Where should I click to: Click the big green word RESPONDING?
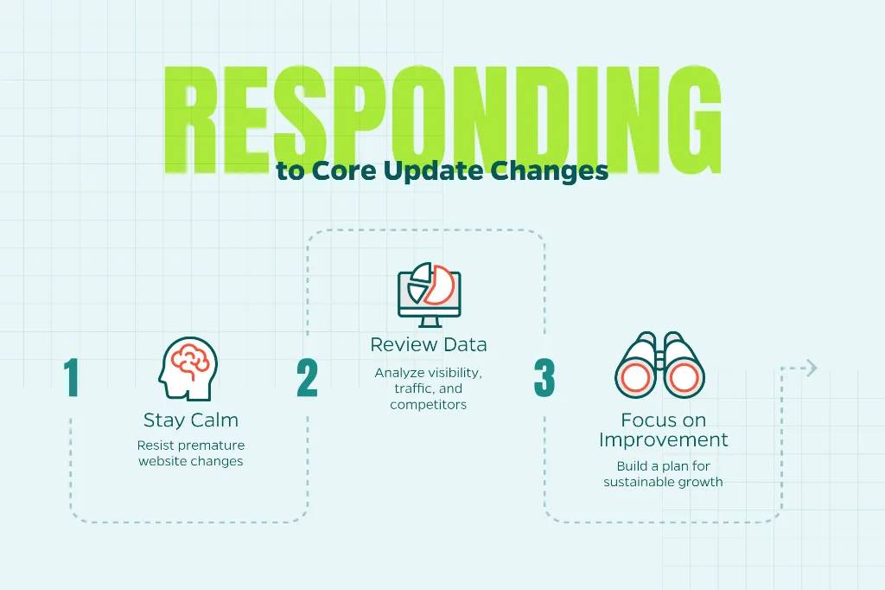[442, 119]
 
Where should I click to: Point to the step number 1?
[71, 377]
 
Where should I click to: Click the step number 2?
[307, 377]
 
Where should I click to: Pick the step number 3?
[544, 377]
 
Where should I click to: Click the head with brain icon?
[188, 369]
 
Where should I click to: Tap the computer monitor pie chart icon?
[429, 294]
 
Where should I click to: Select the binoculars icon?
[659, 365]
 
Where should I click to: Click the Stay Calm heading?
[191, 420]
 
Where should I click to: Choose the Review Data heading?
[429, 344]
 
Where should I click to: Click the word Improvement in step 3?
[663, 439]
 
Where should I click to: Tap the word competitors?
[429, 405]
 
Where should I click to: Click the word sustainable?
[632, 482]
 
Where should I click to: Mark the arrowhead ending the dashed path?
[812, 368]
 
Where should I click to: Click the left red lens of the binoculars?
[634, 376]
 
